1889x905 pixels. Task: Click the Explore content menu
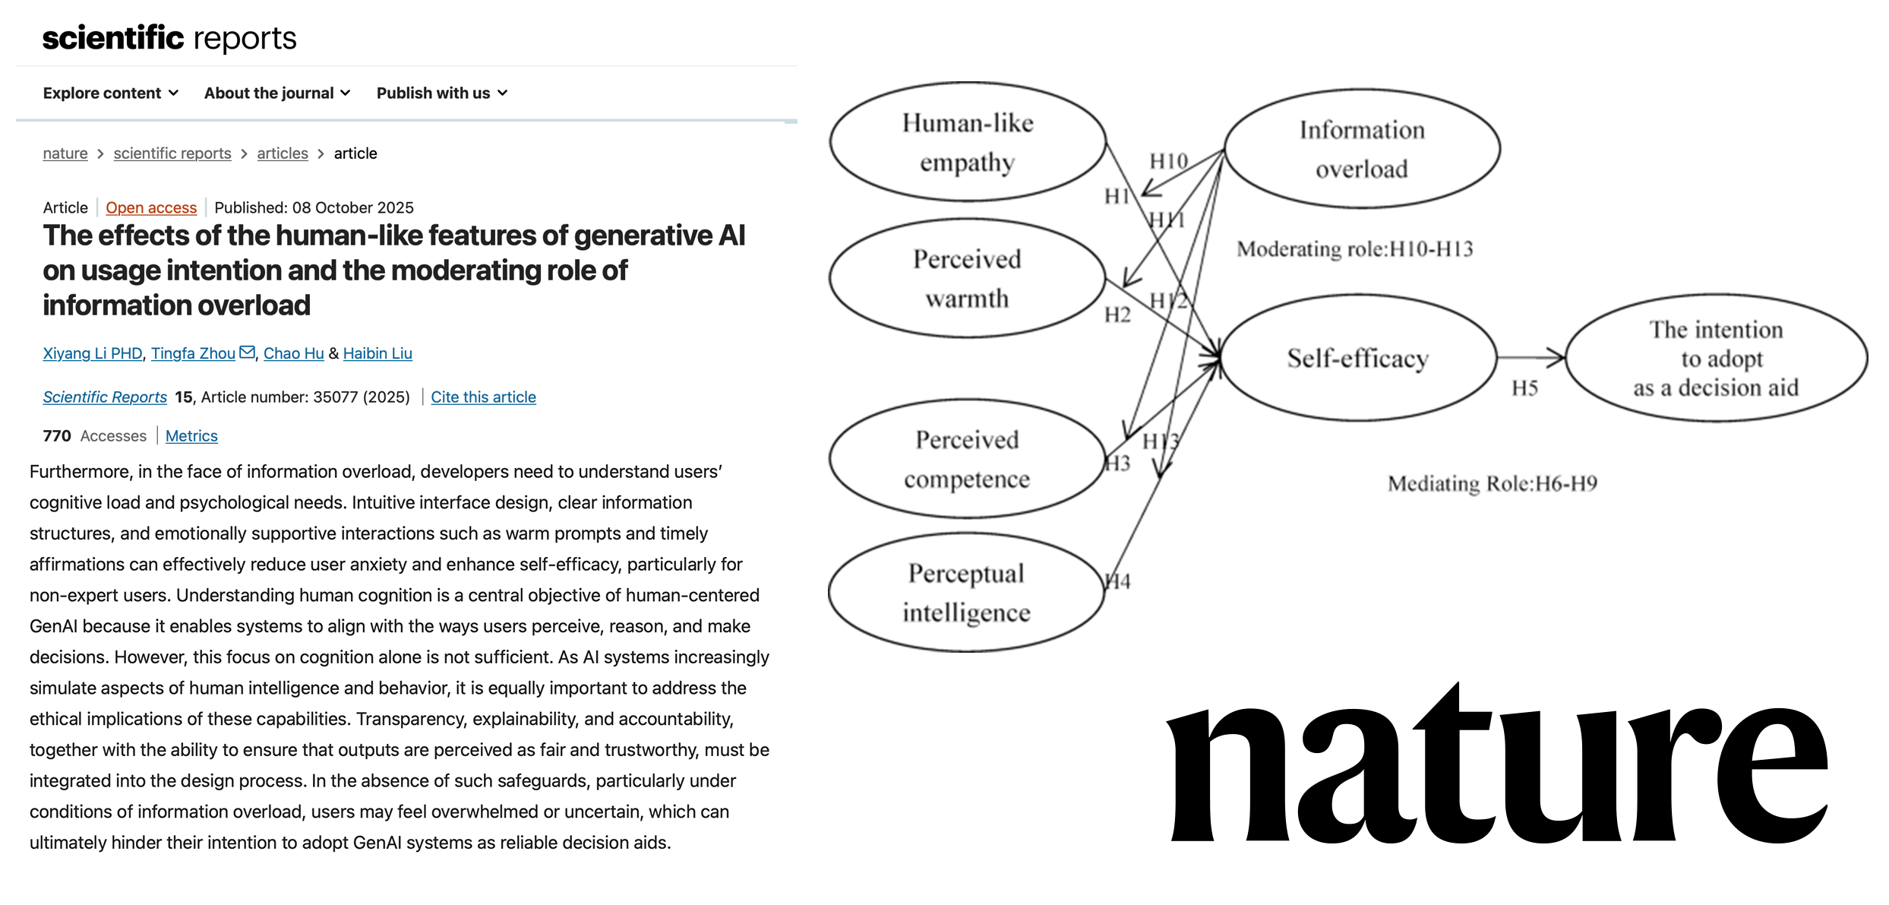tap(110, 93)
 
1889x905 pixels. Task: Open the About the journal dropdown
tap(276, 93)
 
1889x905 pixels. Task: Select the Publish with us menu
tap(441, 93)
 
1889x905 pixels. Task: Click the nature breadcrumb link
tap(65, 153)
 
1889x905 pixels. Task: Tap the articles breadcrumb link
tap(283, 153)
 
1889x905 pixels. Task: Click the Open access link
tap(151, 208)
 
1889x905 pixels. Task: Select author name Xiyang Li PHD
tap(93, 353)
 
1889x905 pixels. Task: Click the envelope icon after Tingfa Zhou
tap(247, 353)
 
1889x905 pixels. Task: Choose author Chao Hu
tap(293, 353)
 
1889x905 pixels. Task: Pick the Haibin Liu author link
tap(377, 353)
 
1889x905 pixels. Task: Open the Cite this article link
tap(483, 397)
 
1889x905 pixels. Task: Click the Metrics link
tap(191, 436)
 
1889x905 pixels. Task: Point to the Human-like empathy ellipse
tap(967, 143)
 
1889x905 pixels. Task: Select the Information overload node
tap(1361, 149)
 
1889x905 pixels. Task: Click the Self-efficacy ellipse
tap(1357, 358)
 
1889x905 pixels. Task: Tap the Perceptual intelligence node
tap(966, 593)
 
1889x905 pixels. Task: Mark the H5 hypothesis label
tap(1524, 389)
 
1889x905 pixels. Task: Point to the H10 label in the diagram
tap(1168, 162)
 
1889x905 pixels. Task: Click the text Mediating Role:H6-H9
tap(1492, 484)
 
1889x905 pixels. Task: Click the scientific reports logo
tap(169, 38)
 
